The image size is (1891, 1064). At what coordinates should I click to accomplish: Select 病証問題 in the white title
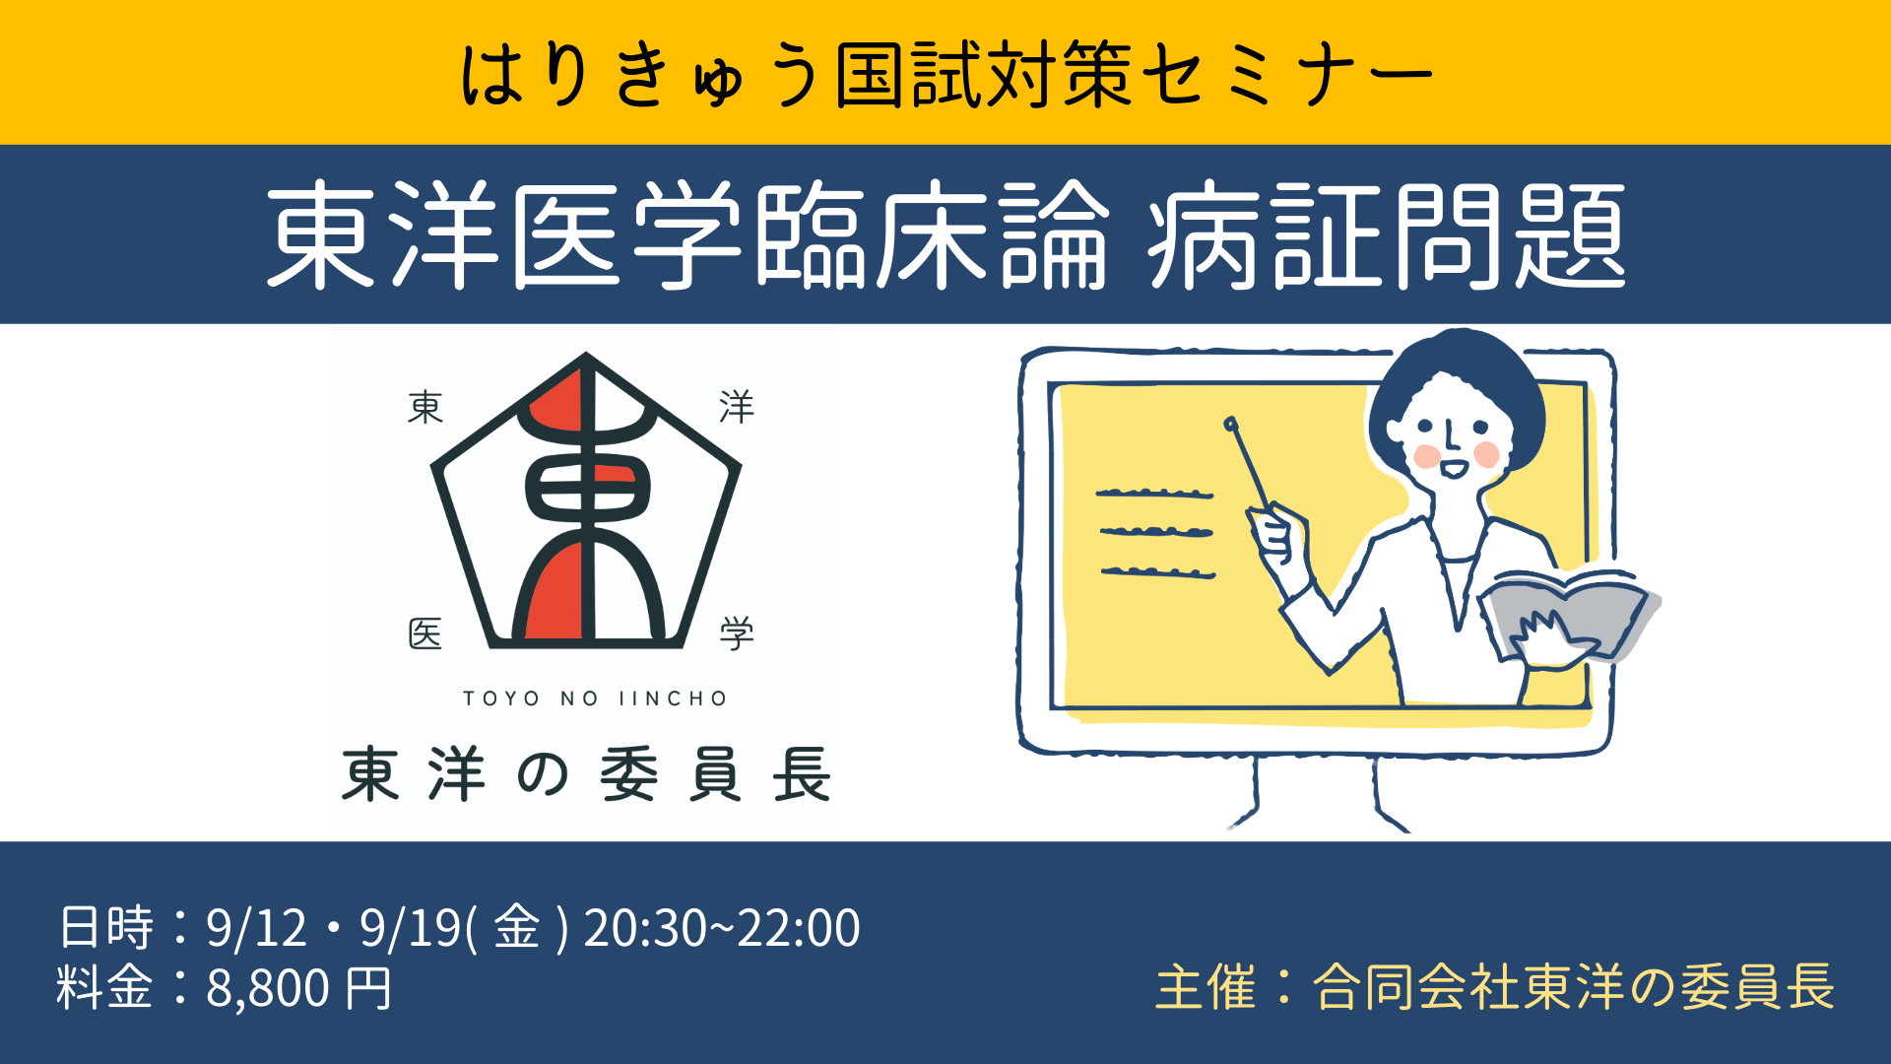[1387, 236]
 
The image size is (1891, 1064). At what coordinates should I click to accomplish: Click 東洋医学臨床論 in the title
[687, 236]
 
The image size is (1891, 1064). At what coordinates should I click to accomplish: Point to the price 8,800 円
[298, 988]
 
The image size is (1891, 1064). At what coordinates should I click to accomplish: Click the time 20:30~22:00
[722, 927]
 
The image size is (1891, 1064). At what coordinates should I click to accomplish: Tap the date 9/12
[256, 927]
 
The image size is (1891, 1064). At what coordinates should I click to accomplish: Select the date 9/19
[411, 927]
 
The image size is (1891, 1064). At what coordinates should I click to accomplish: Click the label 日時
[106, 927]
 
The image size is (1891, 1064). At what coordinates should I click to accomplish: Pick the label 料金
[104, 988]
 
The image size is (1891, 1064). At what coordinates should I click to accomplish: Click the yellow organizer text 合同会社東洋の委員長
[1573, 987]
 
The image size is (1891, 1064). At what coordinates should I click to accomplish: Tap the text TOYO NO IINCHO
[595, 698]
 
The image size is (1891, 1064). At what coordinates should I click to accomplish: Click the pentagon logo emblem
[586, 500]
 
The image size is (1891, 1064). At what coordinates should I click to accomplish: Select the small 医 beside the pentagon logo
[425, 633]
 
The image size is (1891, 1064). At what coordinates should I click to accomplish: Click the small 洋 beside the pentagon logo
[737, 406]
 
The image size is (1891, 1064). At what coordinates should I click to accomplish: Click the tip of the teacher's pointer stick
[1230, 424]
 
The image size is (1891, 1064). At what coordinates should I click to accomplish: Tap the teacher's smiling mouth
[1454, 467]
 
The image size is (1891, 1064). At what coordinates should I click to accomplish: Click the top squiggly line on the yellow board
[1154, 493]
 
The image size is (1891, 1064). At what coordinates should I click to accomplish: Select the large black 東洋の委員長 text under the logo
[586, 774]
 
